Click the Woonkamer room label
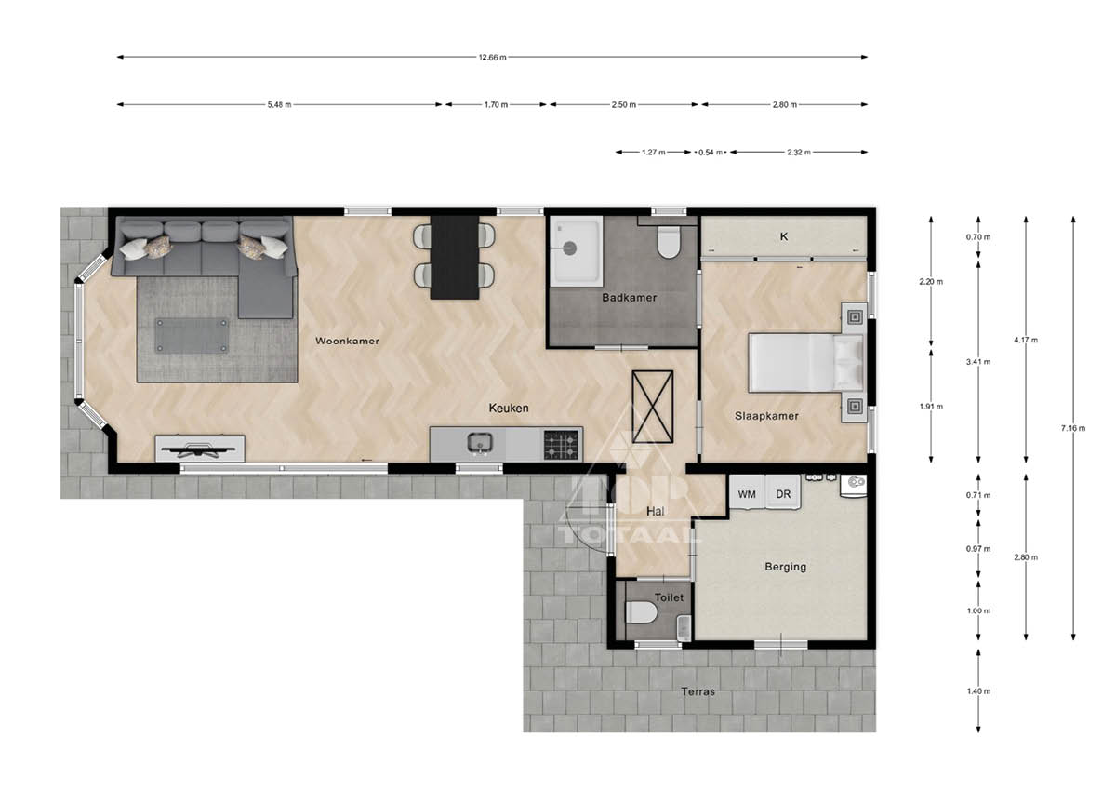pos(347,341)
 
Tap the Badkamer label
pos(630,298)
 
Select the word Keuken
pos(508,409)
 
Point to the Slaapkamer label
pos(766,416)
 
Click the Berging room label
pos(785,567)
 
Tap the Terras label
pos(698,691)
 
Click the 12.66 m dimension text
pos(492,57)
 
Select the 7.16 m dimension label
pos(1072,428)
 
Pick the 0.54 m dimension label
pos(710,153)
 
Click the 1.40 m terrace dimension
pos(978,691)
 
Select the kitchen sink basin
pos(480,442)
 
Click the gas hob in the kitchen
pos(562,445)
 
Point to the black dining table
pos(455,257)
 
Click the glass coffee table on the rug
pos(192,336)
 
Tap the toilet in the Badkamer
pos(668,242)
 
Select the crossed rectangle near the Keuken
pos(652,407)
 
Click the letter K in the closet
pos(784,236)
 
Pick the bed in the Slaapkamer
pos(806,362)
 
